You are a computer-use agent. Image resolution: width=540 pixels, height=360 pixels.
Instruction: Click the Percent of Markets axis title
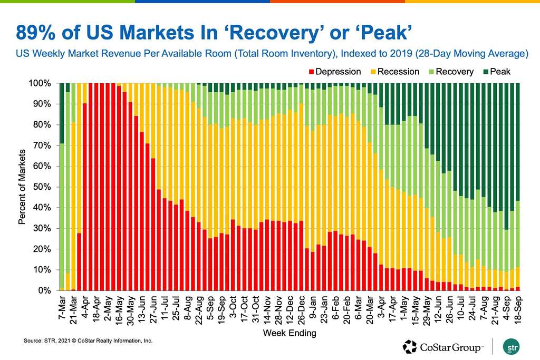(22, 187)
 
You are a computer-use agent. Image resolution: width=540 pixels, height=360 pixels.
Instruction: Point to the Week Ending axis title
(290, 333)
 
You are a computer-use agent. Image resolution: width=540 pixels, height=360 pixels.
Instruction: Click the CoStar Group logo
(443, 346)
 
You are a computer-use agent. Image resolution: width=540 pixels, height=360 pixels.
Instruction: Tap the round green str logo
(510, 346)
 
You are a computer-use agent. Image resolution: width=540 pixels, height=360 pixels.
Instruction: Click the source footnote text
(88, 341)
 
